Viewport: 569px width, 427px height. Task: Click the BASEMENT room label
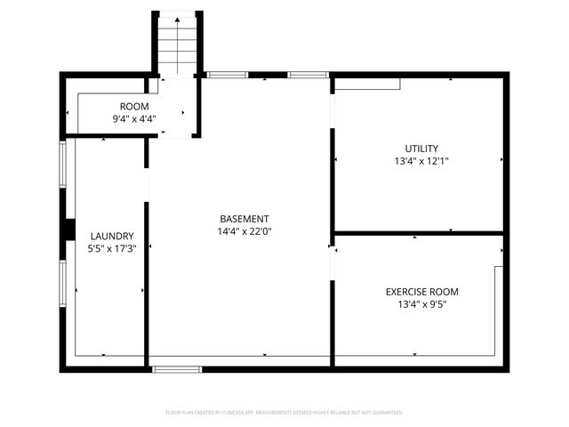(x=244, y=219)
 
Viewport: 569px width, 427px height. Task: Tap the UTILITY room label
(x=421, y=149)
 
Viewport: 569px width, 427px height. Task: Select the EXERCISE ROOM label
(x=422, y=292)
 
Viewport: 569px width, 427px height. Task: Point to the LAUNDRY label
(x=112, y=236)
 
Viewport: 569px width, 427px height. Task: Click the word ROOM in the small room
(x=128, y=107)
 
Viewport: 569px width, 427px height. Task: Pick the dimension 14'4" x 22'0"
(x=244, y=231)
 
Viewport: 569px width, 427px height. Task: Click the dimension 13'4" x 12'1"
(x=421, y=162)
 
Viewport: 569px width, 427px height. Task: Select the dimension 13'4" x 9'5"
(x=422, y=305)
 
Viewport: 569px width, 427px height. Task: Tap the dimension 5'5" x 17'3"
(x=112, y=249)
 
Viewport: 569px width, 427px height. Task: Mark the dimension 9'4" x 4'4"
(x=134, y=118)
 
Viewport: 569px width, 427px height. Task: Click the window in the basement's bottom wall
(x=177, y=368)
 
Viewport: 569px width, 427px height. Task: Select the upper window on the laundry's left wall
(x=62, y=164)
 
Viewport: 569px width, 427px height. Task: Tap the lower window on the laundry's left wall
(x=62, y=283)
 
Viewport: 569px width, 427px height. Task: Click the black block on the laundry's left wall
(x=68, y=229)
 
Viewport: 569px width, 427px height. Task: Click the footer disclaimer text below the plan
(x=284, y=413)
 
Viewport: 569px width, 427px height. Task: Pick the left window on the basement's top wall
(x=227, y=75)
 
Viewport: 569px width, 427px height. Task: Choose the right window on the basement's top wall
(x=308, y=75)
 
